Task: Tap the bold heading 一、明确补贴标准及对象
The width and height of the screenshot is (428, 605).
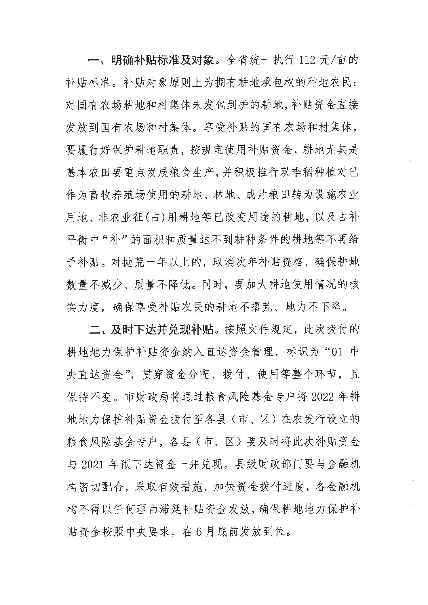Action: pos(151,61)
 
